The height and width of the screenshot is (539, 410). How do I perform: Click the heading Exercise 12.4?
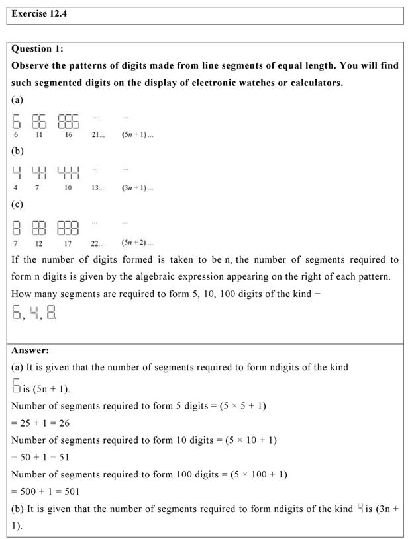coord(39,14)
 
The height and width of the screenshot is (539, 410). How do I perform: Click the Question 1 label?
coord(38,48)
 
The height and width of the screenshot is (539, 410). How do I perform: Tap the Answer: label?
coord(30,350)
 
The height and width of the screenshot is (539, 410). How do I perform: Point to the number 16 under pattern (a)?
coord(68,134)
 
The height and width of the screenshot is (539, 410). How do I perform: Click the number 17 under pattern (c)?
coord(68,243)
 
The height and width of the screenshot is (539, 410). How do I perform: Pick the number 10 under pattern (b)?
coord(68,188)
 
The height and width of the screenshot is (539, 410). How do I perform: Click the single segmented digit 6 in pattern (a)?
coord(17,121)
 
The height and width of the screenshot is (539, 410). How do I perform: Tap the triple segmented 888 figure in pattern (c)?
coord(68,229)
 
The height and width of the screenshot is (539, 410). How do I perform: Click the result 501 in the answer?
coord(60,491)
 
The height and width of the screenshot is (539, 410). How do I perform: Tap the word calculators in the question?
coord(312,83)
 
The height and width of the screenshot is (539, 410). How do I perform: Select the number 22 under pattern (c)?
coord(97,243)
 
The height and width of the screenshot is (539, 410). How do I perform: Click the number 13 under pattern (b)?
coord(97,188)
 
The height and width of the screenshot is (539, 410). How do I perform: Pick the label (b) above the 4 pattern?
coord(17,151)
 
